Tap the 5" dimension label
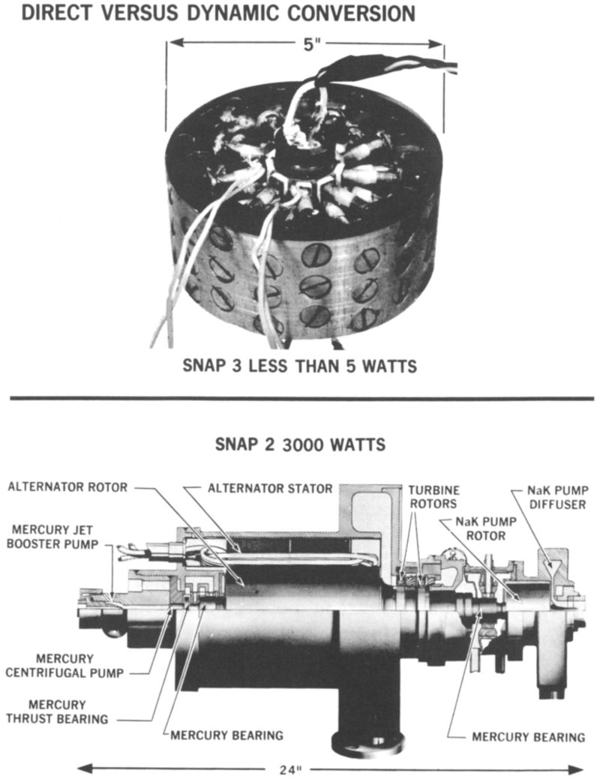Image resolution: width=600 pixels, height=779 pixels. [310, 45]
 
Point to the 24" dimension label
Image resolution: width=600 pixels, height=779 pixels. [291, 769]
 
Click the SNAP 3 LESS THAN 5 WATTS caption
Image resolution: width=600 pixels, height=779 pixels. [300, 366]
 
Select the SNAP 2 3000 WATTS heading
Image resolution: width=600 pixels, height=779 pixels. [300, 444]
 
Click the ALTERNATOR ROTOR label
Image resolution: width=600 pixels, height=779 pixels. [67, 487]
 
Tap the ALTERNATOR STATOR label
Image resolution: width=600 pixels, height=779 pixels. [270, 488]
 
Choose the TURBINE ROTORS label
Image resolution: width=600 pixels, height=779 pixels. [433, 497]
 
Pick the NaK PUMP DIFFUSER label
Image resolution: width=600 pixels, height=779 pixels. [557, 497]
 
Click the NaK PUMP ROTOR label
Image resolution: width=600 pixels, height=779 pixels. [486, 529]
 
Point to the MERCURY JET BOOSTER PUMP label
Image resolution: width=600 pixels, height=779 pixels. [52, 537]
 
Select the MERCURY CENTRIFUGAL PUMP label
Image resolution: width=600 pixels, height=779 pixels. [64, 666]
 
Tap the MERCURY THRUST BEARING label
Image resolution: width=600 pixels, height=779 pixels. [57, 712]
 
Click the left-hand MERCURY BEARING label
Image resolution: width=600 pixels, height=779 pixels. [226, 735]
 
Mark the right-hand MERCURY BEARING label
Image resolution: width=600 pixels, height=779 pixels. [529, 737]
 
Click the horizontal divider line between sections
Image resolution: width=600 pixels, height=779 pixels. [301, 398]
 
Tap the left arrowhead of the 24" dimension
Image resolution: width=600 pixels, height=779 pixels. [85, 768]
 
